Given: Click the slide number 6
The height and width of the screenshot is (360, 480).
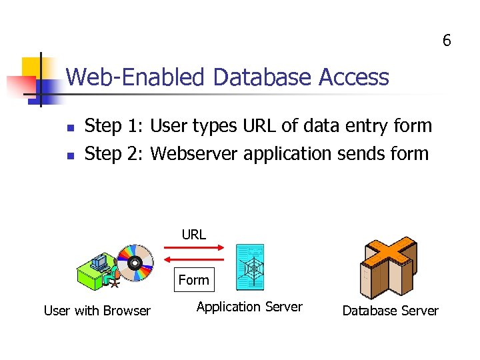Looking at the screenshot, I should pyautogui.click(x=447, y=41).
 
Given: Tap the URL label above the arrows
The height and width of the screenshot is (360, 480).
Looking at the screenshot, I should pyautogui.click(x=194, y=235).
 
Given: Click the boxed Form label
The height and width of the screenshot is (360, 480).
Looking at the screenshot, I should pyautogui.click(x=193, y=280).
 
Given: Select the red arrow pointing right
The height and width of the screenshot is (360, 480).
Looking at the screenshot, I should pyautogui.click(x=194, y=247).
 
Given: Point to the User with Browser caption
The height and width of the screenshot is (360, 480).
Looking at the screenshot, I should pyautogui.click(x=97, y=311).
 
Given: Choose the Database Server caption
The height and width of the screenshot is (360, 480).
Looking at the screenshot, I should pyautogui.click(x=390, y=311).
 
